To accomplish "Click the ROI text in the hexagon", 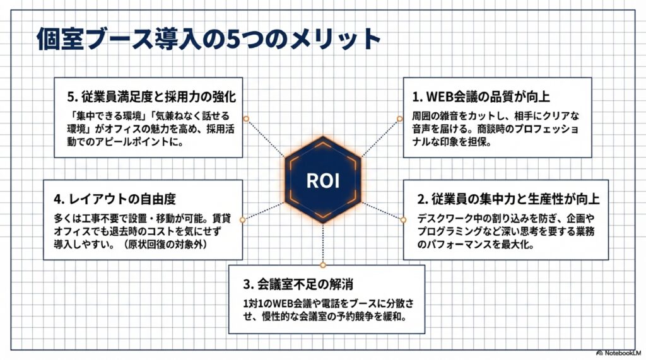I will [322, 180].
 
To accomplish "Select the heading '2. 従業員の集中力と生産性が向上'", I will [508, 199].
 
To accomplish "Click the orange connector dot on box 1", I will [400, 118].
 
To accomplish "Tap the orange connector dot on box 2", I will [403, 219].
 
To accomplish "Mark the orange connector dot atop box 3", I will [322, 265].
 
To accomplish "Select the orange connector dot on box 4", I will [244, 219].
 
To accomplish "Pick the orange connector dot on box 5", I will [246, 118].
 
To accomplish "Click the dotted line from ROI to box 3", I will [322, 243].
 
